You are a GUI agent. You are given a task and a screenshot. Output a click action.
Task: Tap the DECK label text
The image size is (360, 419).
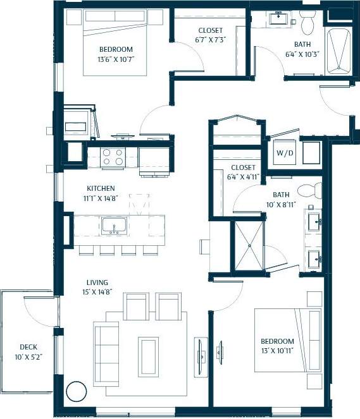pos(28,346)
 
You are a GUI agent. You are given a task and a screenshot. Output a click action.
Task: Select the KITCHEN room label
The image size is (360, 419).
pos(101,188)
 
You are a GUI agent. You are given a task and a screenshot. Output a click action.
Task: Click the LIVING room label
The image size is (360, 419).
pos(98,282)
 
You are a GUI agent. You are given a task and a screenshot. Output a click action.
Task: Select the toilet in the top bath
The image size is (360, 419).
pos(308,23)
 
